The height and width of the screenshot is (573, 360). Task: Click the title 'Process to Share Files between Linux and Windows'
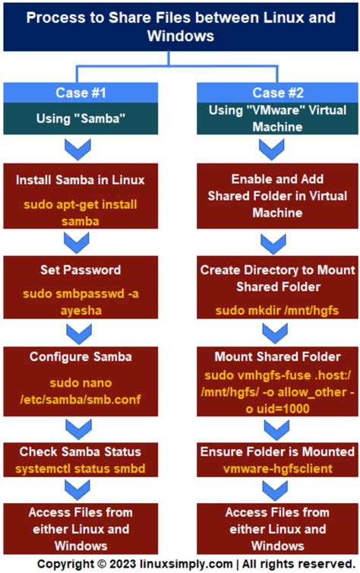[x=180, y=26]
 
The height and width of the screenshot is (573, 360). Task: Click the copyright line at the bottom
[x=180, y=563]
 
